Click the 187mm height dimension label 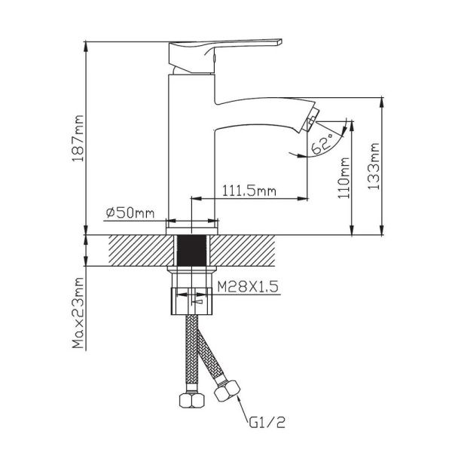click(78, 138)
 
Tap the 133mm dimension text click(374, 166)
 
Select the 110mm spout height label click(344, 178)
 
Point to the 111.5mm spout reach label click(249, 191)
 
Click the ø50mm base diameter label click(130, 212)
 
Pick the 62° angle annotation click(322, 145)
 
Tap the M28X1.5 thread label click(248, 286)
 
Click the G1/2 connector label click(267, 423)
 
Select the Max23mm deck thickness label click(78, 313)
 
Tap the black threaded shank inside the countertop click(191, 251)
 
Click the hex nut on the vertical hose click(192, 400)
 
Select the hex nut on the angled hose click(228, 390)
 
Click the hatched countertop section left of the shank click(142, 251)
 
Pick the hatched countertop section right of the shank click(243, 251)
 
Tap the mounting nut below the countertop click(191, 301)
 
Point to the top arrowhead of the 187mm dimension click(86, 47)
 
